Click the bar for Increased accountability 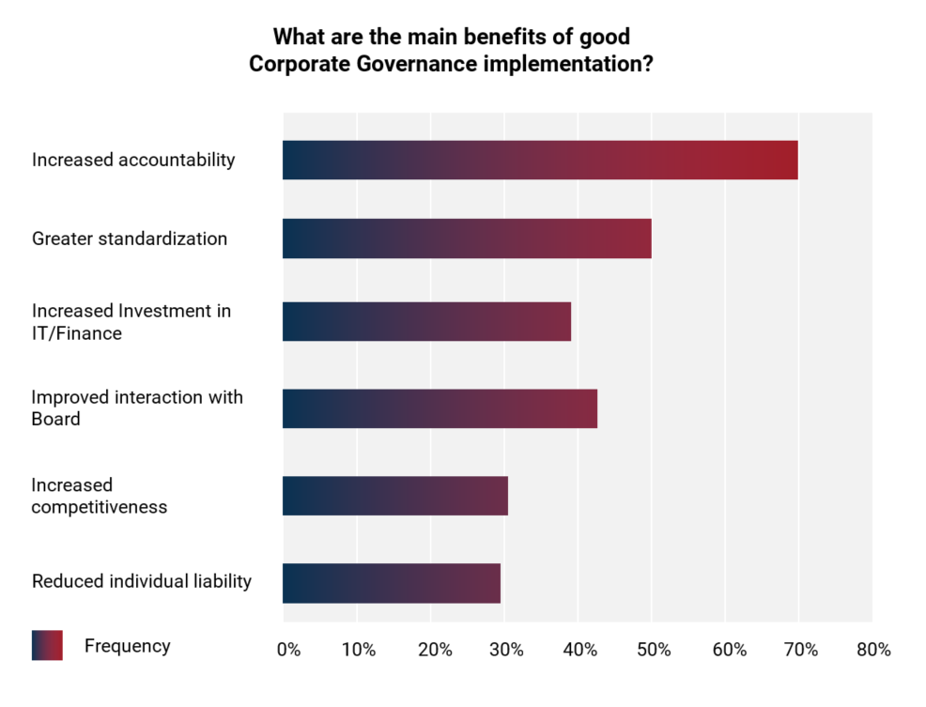tap(540, 160)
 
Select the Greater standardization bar tap(467, 238)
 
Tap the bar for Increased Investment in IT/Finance tap(426, 321)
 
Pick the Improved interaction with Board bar tap(440, 408)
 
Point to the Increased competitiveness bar tap(395, 496)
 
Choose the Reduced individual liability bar tap(392, 583)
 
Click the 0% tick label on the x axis tap(288, 650)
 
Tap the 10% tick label tap(359, 650)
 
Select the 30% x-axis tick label tap(506, 650)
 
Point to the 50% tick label tap(654, 650)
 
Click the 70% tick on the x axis tap(800, 650)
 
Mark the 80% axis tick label tap(873, 650)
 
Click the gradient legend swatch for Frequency tap(47, 645)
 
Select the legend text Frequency tap(128, 646)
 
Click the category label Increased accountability tap(133, 160)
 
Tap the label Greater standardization tap(130, 238)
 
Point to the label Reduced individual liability tap(142, 581)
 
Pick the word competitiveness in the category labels tap(100, 507)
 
